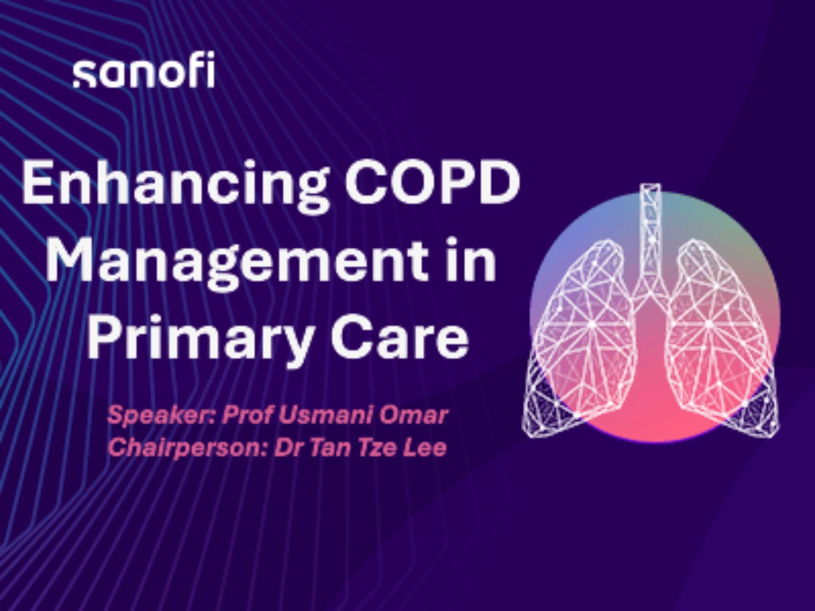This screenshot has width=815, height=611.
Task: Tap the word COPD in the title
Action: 433,183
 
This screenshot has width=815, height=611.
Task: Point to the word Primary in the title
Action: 201,340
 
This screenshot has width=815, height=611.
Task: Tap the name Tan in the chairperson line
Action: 330,447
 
